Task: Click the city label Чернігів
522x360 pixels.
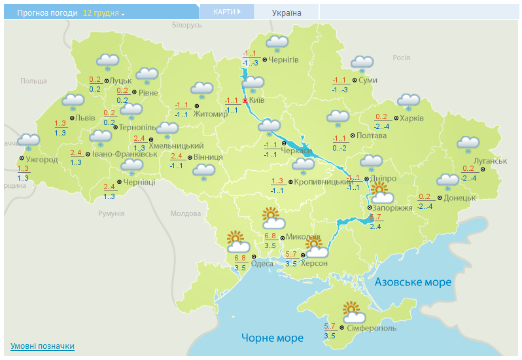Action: point(283,60)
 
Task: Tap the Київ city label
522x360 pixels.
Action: point(256,101)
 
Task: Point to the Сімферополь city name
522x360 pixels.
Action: point(371,328)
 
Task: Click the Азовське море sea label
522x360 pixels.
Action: point(413,282)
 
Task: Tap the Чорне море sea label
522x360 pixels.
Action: point(272,338)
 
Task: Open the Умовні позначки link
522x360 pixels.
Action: point(43,346)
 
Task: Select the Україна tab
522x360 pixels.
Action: point(287,12)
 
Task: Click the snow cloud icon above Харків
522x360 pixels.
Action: point(409,101)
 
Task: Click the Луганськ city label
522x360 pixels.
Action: point(492,161)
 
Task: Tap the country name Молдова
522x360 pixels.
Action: point(185,214)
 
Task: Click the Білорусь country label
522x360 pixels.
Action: point(187,25)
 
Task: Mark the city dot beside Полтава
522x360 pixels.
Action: point(351,135)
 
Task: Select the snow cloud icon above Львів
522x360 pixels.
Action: point(73,102)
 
